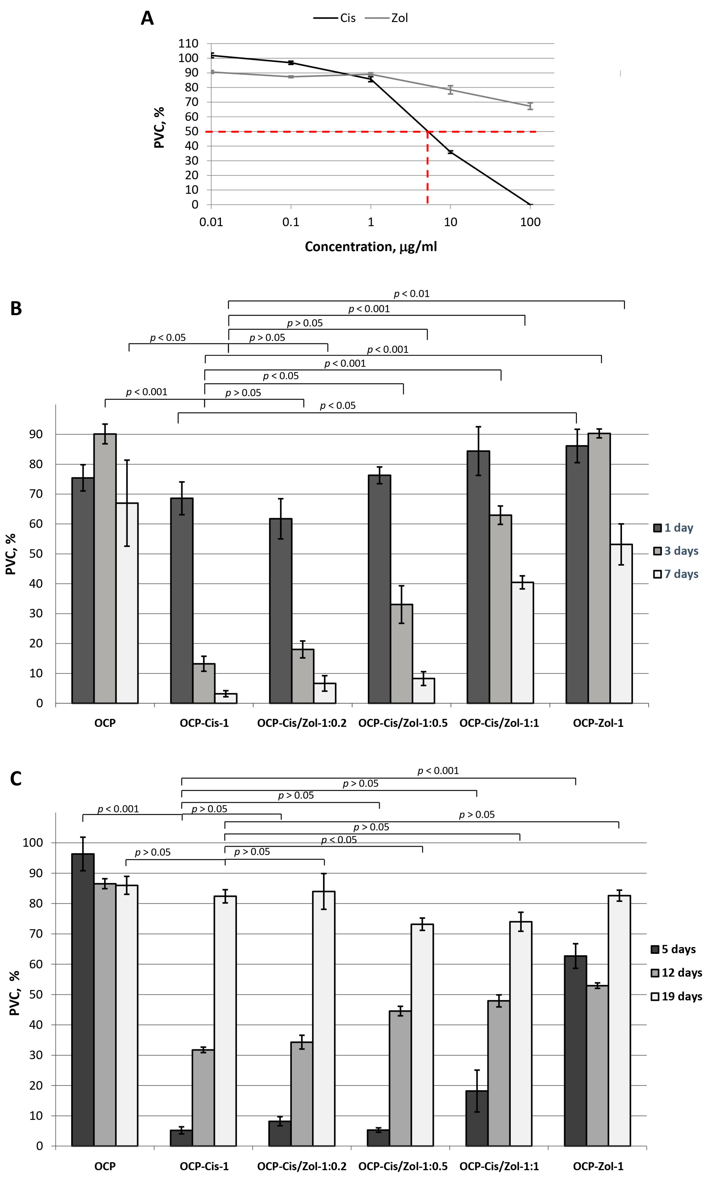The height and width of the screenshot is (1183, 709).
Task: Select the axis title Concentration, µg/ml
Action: pos(371,247)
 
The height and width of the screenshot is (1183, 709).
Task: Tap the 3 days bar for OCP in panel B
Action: pos(105,568)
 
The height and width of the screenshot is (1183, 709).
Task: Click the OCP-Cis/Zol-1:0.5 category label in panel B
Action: pos(403,723)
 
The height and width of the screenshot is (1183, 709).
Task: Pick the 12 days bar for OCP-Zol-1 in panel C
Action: pos(597,1066)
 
